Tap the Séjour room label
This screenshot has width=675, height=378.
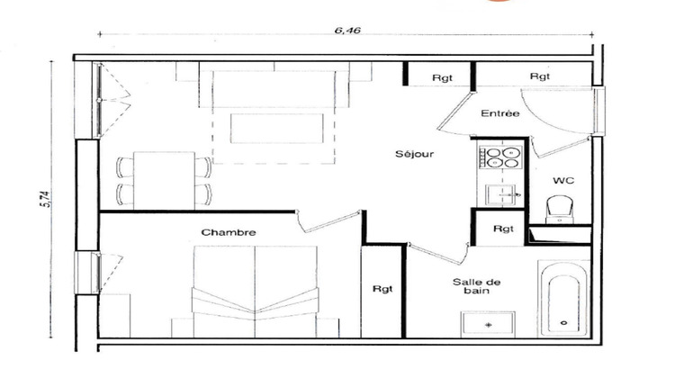(x=414, y=154)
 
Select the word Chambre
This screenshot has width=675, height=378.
(x=229, y=232)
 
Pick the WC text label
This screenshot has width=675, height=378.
(x=563, y=180)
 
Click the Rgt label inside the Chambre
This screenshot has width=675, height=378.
(x=382, y=289)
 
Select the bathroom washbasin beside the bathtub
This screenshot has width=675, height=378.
(x=489, y=322)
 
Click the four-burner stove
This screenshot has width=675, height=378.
(x=500, y=157)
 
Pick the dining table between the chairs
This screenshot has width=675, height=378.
(x=164, y=180)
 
